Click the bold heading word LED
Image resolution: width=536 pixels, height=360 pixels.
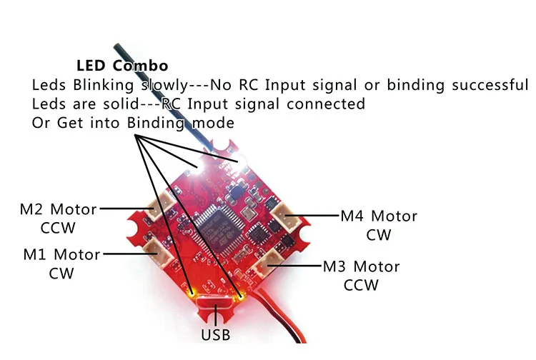[x=91, y=66]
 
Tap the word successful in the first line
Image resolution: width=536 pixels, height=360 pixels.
[x=484, y=85]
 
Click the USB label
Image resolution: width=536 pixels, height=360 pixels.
[x=217, y=334]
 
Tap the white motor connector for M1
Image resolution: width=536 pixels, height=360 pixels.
[x=155, y=247]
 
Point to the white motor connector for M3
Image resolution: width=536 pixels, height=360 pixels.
[x=272, y=263]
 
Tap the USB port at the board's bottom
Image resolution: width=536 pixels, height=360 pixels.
[x=215, y=309]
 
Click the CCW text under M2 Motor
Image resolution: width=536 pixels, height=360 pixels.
[x=58, y=229]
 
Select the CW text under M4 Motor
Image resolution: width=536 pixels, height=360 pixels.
[x=379, y=235]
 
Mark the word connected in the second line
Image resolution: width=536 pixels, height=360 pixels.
[x=328, y=104]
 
